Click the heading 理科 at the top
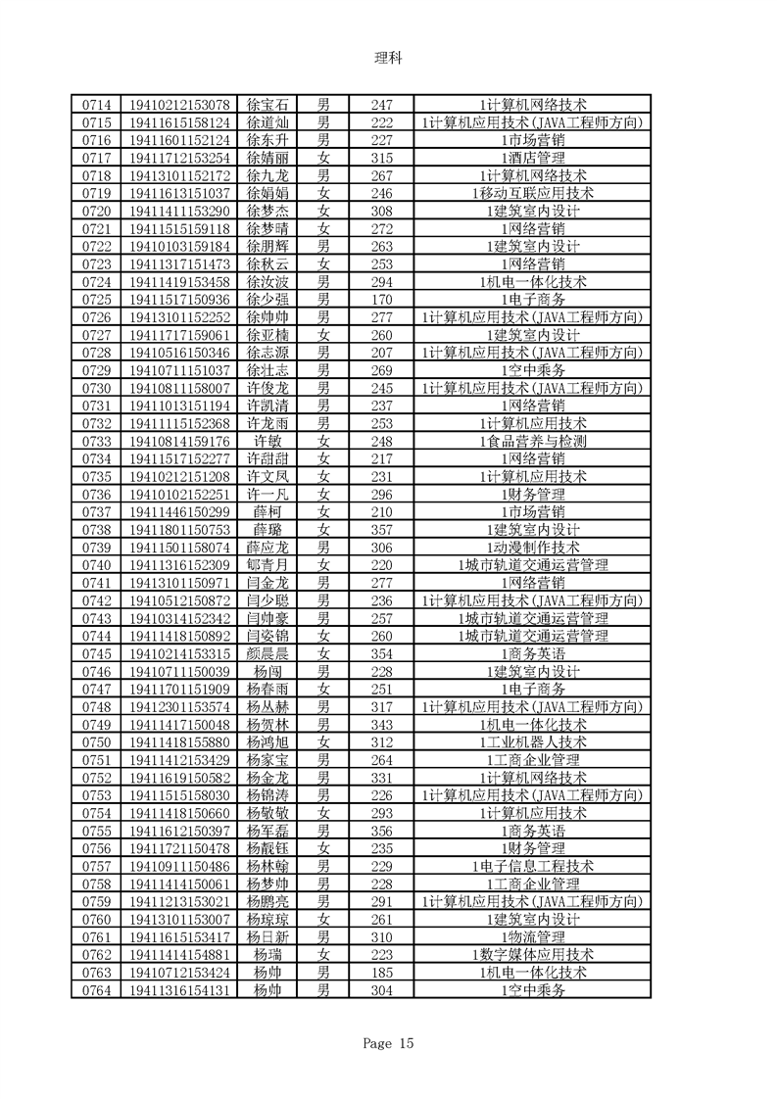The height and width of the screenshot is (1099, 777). [388, 58]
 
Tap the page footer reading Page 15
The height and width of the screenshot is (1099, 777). [388, 1043]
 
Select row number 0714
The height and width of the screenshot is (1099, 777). [95, 104]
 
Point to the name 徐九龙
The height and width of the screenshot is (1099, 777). [267, 175]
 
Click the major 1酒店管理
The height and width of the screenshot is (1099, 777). [533, 158]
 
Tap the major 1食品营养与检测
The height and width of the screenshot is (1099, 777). [533, 441]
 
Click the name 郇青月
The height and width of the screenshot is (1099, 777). [267, 565]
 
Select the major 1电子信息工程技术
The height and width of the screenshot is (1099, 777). [533, 866]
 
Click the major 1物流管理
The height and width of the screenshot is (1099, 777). [533, 936]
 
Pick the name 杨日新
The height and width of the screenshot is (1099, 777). [267, 936]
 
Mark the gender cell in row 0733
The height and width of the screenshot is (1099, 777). [323, 441]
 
